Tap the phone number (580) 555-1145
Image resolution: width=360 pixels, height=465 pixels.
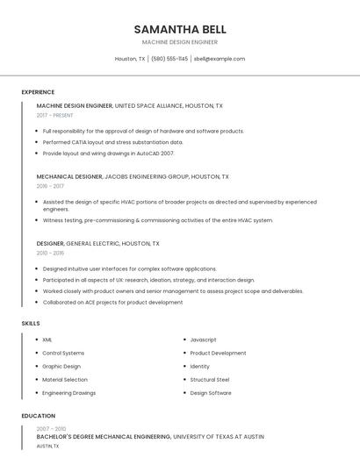pyautogui.click(x=169, y=59)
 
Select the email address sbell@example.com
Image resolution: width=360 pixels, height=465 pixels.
pyautogui.click(x=220, y=59)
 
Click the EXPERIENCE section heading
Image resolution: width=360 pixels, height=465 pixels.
pyautogui.click(x=38, y=92)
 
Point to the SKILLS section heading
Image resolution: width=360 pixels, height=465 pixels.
pyautogui.click(x=31, y=324)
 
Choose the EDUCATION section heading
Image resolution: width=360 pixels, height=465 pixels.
pyautogui.click(x=39, y=416)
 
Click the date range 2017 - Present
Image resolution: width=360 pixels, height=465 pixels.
pyautogui.click(x=54, y=115)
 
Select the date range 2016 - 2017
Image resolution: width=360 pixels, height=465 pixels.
pyautogui.click(x=50, y=186)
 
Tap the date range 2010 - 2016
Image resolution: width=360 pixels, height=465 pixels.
pyautogui.click(x=50, y=253)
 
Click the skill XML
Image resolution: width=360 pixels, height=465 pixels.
pyautogui.click(x=47, y=340)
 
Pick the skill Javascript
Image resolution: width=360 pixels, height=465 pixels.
pyautogui.click(x=203, y=340)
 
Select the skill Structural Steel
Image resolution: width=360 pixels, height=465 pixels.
pyautogui.click(x=210, y=380)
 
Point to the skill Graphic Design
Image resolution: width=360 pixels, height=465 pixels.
pyautogui.click(x=61, y=367)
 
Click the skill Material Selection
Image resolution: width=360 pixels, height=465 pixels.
pyautogui.click(x=65, y=380)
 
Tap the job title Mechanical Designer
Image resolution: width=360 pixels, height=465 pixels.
pyautogui.click(x=69, y=176)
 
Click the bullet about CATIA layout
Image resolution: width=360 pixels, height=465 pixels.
pyautogui.click(x=113, y=142)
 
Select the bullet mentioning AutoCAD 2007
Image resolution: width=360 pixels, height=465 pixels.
pyautogui.click(x=108, y=153)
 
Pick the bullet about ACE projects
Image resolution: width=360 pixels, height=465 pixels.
pyautogui.click(x=112, y=303)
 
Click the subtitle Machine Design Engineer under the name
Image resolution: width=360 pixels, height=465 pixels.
pyautogui.click(x=180, y=42)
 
